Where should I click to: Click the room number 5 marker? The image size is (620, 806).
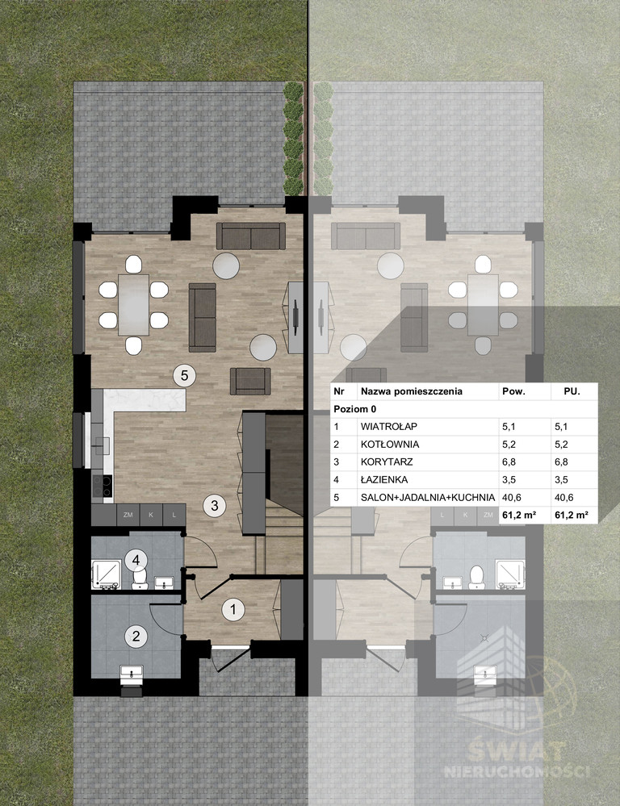coord(184,375)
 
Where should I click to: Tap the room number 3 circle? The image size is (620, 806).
coord(215,505)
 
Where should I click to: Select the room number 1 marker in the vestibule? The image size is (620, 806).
coord(233,610)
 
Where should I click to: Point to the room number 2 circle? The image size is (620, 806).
coord(136,637)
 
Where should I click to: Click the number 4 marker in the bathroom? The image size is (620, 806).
coord(136,560)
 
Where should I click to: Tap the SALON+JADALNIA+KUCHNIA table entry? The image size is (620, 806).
coord(428,497)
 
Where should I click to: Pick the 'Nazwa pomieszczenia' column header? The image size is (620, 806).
coord(412,391)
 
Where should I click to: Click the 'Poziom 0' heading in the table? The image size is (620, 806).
coord(355,409)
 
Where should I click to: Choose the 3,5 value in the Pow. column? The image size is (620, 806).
coord(509,479)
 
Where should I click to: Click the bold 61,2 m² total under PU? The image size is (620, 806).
coord(571,515)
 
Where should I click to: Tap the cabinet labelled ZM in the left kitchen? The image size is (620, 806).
coord(128,515)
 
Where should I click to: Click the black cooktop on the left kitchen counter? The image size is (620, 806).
coord(102,485)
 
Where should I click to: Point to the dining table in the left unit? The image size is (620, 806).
coord(134,305)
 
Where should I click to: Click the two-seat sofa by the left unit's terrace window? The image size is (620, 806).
coord(250,236)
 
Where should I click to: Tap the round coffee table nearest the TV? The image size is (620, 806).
coord(263,347)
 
